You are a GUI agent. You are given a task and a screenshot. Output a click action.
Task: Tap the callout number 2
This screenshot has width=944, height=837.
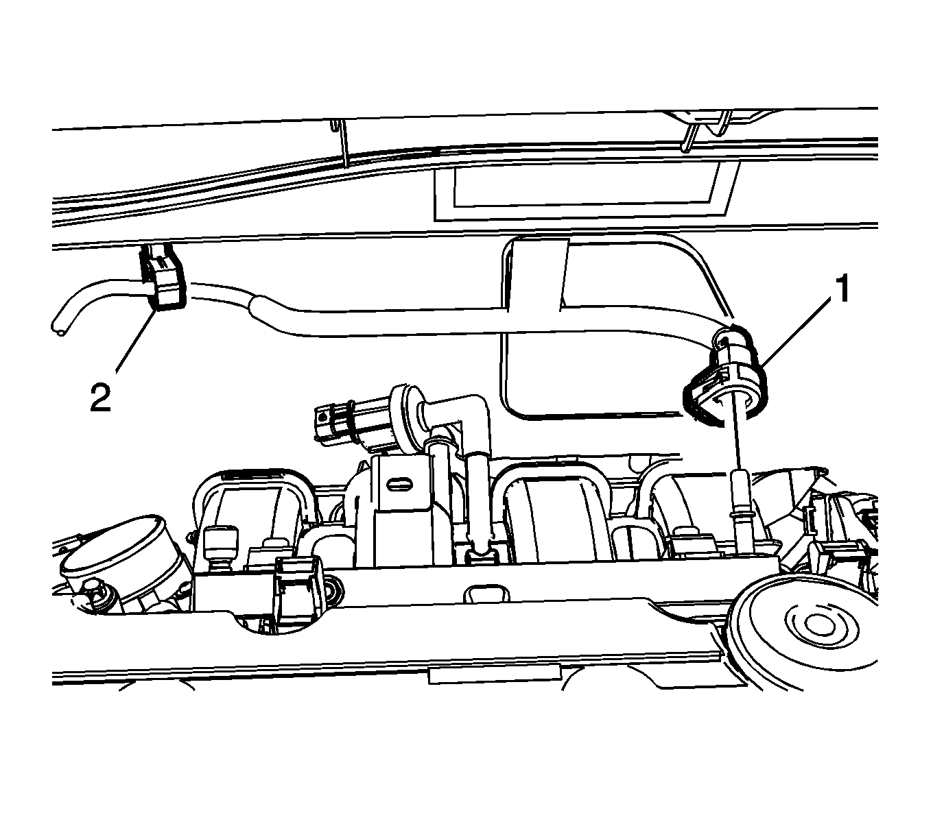tap(100, 397)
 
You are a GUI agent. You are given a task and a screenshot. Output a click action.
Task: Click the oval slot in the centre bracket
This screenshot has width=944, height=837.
tap(397, 483)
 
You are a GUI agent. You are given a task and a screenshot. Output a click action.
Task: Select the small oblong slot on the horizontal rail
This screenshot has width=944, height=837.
tap(483, 593)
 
